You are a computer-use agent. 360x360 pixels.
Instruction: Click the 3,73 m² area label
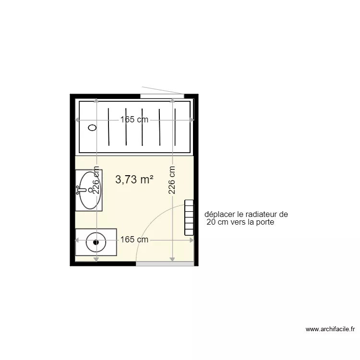tap(134, 180)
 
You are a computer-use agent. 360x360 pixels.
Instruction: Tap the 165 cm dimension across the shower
tap(134, 120)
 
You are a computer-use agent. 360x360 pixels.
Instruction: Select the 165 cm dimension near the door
tap(134, 239)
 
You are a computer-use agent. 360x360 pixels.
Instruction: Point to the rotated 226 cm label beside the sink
tap(96, 180)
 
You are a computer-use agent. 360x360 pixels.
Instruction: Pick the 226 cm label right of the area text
tap(172, 180)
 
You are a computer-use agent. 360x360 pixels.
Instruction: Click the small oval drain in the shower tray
tap(93, 128)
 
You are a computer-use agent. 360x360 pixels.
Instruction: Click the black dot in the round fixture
tap(96, 242)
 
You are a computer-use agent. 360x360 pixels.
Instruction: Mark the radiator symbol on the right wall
tap(189, 218)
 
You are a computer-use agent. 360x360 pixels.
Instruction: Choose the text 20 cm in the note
tap(216, 223)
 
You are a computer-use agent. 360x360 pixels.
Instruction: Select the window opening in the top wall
tap(162, 96)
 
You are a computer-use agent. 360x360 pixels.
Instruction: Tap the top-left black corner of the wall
tap(72, 96)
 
